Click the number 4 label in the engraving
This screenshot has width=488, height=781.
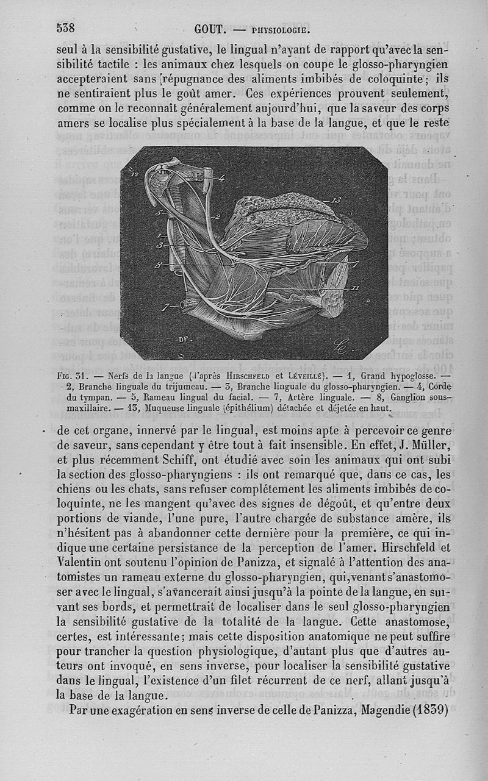[221, 179]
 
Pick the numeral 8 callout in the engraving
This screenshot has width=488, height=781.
[159, 265]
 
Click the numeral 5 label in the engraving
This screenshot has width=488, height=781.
[157, 214]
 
